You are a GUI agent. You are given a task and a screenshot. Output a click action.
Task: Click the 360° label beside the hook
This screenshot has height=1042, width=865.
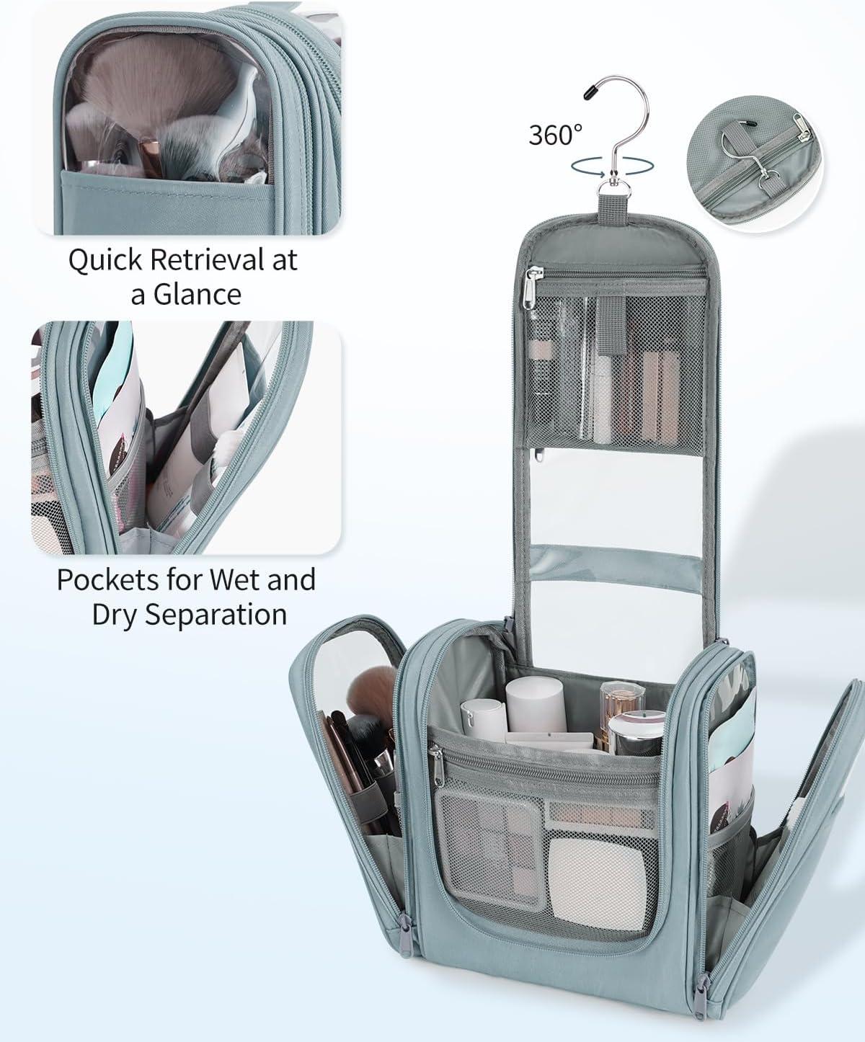click(555, 134)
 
